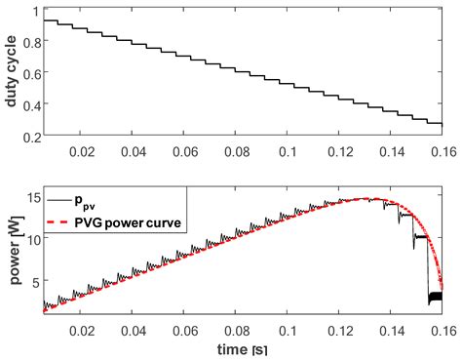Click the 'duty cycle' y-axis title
(x=11, y=74)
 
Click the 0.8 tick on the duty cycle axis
(x=28, y=44)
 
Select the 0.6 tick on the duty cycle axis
(x=28, y=75)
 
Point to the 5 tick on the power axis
(x=34, y=282)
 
